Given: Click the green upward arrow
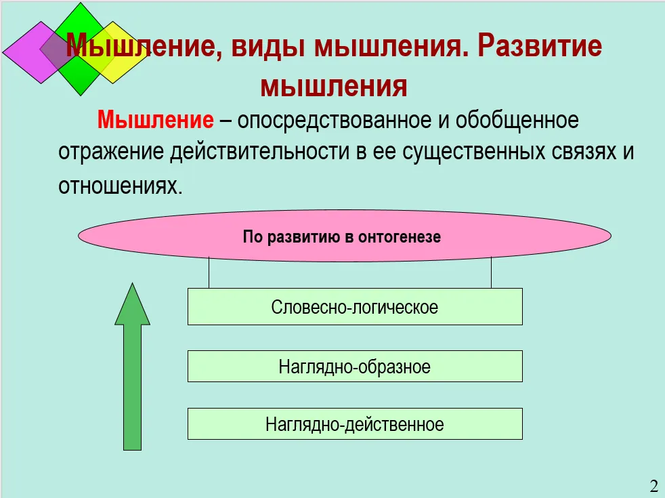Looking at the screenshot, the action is click(x=132, y=367).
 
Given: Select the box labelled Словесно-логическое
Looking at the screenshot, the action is click(x=355, y=307).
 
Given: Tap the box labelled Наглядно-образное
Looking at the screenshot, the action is click(x=355, y=366).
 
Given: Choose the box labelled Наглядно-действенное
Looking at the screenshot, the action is click(x=355, y=423).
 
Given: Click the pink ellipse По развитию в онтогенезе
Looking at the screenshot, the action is click(x=345, y=236).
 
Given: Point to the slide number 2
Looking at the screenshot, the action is click(x=653, y=485).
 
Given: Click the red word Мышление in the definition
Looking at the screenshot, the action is click(x=156, y=120).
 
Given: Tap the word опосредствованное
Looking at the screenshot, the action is click(x=335, y=121).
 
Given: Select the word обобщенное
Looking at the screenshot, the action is click(x=517, y=121).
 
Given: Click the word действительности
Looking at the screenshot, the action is click(x=259, y=152).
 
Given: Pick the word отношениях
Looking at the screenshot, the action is click(x=121, y=186).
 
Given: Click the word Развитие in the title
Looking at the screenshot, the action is click(x=540, y=45).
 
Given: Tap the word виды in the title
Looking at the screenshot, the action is click(x=268, y=47).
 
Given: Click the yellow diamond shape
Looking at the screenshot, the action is click(x=113, y=53).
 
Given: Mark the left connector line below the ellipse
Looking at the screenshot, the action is click(x=209, y=272).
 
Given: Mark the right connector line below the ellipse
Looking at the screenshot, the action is click(x=491, y=272).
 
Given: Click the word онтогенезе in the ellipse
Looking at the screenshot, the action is click(x=400, y=236).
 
